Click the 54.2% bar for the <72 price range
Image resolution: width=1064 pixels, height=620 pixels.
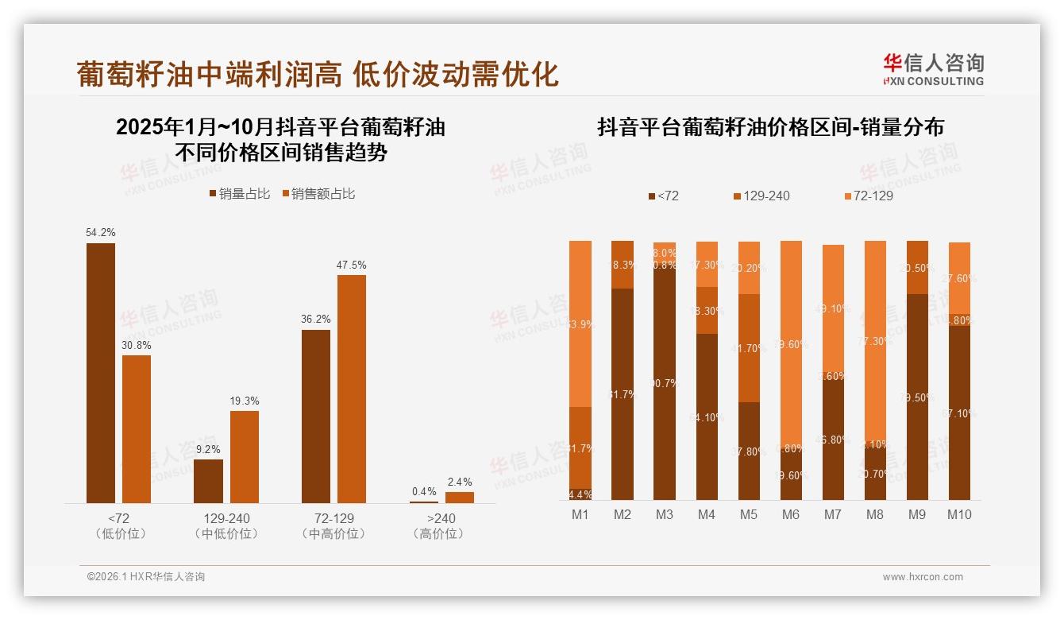(x=101, y=373)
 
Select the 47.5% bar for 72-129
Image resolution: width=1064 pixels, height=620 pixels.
(x=352, y=389)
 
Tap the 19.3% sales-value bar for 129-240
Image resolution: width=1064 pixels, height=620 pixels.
(x=245, y=456)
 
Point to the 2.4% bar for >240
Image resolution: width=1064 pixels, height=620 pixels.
(x=460, y=497)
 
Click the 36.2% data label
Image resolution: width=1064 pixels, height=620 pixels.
(x=316, y=319)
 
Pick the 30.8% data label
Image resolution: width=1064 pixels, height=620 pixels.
(x=136, y=345)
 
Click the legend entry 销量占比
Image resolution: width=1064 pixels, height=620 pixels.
(x=239, y=193)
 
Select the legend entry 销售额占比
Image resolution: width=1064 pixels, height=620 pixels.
(x=318, y=193)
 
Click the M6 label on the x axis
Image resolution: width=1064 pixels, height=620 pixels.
(x=790, y=514)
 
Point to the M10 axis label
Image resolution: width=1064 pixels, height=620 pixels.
(x=959, y=514)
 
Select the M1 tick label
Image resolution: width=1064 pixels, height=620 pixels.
(x=580, y=514)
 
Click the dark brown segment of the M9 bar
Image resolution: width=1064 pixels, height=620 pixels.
(x=917, y=397)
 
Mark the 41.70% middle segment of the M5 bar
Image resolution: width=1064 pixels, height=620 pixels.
(x=749, y=348)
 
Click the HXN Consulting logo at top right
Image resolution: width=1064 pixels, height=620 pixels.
(x=933, y=70)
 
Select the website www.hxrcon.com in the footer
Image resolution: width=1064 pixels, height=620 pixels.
(x=923, y=577)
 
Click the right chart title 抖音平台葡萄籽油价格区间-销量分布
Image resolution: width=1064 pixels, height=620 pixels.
(x=770, y=127)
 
